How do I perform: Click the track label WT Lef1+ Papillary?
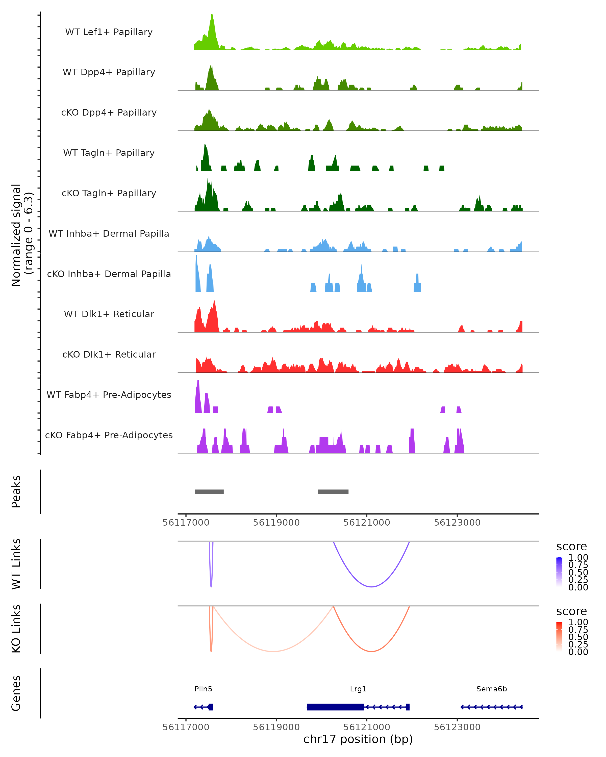coord(109,32)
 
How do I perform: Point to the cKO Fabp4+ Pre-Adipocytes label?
coord(109,435)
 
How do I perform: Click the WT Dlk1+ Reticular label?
coord(109,314)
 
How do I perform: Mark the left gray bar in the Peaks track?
coord(209,492)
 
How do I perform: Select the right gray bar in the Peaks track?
coord(333,492)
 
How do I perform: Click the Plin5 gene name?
coord(204,689)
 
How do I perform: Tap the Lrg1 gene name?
coord(358,689)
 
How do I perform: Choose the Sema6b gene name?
coord(491,689)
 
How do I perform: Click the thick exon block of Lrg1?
coord(336,707)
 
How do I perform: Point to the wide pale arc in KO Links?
coord(273,651)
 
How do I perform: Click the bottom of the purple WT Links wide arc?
coord(371,587)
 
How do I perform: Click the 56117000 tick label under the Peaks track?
coord(186,523)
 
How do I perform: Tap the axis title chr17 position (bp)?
coord(358,739)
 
